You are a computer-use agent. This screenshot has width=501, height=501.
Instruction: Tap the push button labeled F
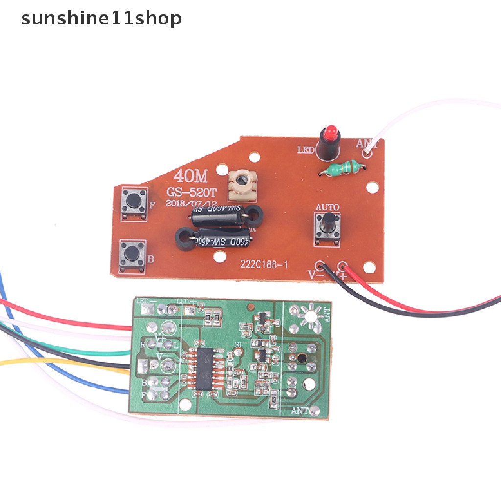pyautogui.click(x=133, y=201)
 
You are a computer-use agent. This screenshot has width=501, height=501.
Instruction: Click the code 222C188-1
pyautogui.click(x=264, y=264)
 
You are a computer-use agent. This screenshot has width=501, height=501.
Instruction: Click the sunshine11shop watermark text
pyautogui.click(x=101, y=19)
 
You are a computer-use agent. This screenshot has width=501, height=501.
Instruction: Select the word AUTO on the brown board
pyautogui.click(x=327, y=207)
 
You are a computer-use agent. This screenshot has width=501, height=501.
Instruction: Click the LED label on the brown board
pyautogui.click(x=306, y=150)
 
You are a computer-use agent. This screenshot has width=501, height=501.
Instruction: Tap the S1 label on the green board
pyautogui.click(x=239, y=345)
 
